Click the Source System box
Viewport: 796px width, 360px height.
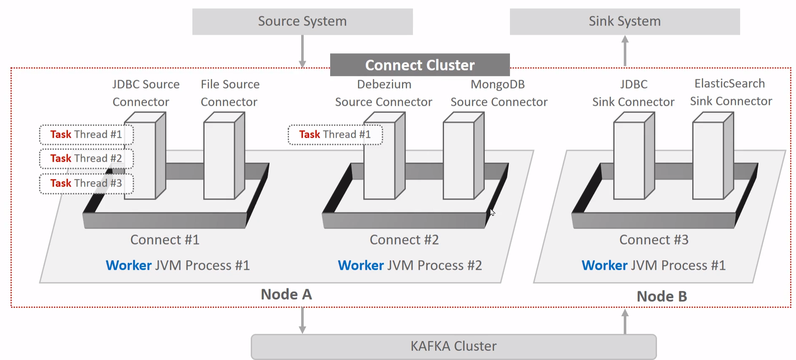tap(302, 21)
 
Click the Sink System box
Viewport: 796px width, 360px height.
tap(625, 21)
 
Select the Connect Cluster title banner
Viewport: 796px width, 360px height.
tap(420, 65)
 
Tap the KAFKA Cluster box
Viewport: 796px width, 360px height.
tap(454, 346)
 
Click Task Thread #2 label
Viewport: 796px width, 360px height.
tap(86, 158)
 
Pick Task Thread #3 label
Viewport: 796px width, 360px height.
tap(86, 183)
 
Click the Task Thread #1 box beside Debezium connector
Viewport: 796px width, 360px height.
tap(335, 134)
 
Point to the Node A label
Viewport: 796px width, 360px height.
tap(286, 294)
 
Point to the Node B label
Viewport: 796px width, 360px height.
tap(662, 297)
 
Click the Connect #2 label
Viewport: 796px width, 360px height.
tap(404, 240)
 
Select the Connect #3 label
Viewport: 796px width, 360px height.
tap(654, 240)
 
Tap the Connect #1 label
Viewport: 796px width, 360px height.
tap(165, 240)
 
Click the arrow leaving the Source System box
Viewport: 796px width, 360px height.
tap(302, 50)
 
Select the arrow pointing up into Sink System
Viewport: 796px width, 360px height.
tap(625, 50)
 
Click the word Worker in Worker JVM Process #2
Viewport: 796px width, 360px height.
tap(361, 265)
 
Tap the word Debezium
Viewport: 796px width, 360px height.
tap(384, 84)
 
